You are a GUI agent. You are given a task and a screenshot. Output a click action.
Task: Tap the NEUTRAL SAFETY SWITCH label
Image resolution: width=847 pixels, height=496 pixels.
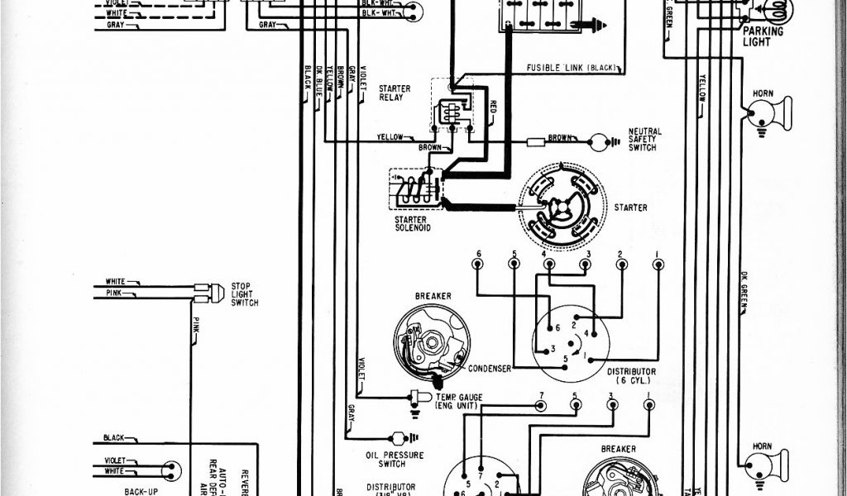pyautogui.click(x=644, y=139)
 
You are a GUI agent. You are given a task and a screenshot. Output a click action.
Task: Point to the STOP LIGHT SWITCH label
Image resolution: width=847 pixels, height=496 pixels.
pyautogui.click(x=246, y=294)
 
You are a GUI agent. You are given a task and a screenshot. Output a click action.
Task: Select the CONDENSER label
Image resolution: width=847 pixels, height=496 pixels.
pyautogui.click(x=490, y=369)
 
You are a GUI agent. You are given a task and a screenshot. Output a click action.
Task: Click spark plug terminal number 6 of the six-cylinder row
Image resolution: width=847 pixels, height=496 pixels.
pyautogui.click(x=477, y=264)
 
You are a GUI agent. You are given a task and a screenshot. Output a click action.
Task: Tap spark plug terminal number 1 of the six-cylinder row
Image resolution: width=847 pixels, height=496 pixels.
pyautogui.click(x=658, y=264)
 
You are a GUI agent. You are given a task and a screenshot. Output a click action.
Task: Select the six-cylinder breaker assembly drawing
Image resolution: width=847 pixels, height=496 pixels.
pyautogui.click(x=430, y=341)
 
